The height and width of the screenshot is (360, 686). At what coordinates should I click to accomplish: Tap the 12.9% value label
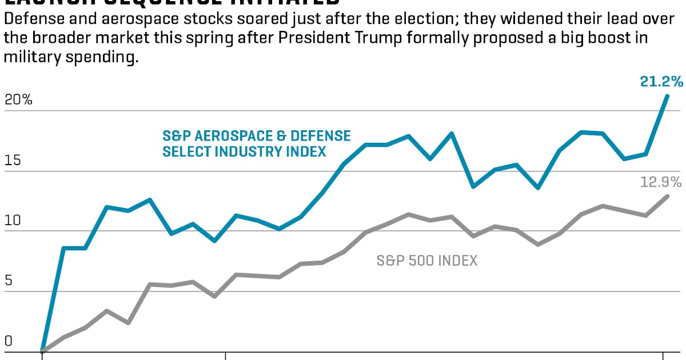(x=661, y=182)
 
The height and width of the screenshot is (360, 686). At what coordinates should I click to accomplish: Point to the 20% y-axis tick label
(x=18, y=99)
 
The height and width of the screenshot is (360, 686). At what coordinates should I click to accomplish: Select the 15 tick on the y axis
(x=13, y=160)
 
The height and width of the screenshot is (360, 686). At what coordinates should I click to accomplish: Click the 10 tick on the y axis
(x=13, y=220)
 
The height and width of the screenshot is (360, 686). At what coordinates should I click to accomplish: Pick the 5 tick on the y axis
(x=8, y=281)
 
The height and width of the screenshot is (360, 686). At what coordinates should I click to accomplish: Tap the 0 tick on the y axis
(x=8, y=341)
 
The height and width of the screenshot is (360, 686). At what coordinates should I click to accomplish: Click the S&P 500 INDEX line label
(x=427, y=261)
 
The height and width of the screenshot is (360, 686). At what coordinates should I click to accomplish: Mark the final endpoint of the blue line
(x=667, y=96)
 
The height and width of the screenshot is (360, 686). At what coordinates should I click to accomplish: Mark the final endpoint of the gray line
(x=667, y=197)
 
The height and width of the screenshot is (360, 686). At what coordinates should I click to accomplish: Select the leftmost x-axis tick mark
(x=42, y=355)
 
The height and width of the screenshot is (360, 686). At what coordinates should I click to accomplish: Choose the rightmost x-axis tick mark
(x=663, y=355)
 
